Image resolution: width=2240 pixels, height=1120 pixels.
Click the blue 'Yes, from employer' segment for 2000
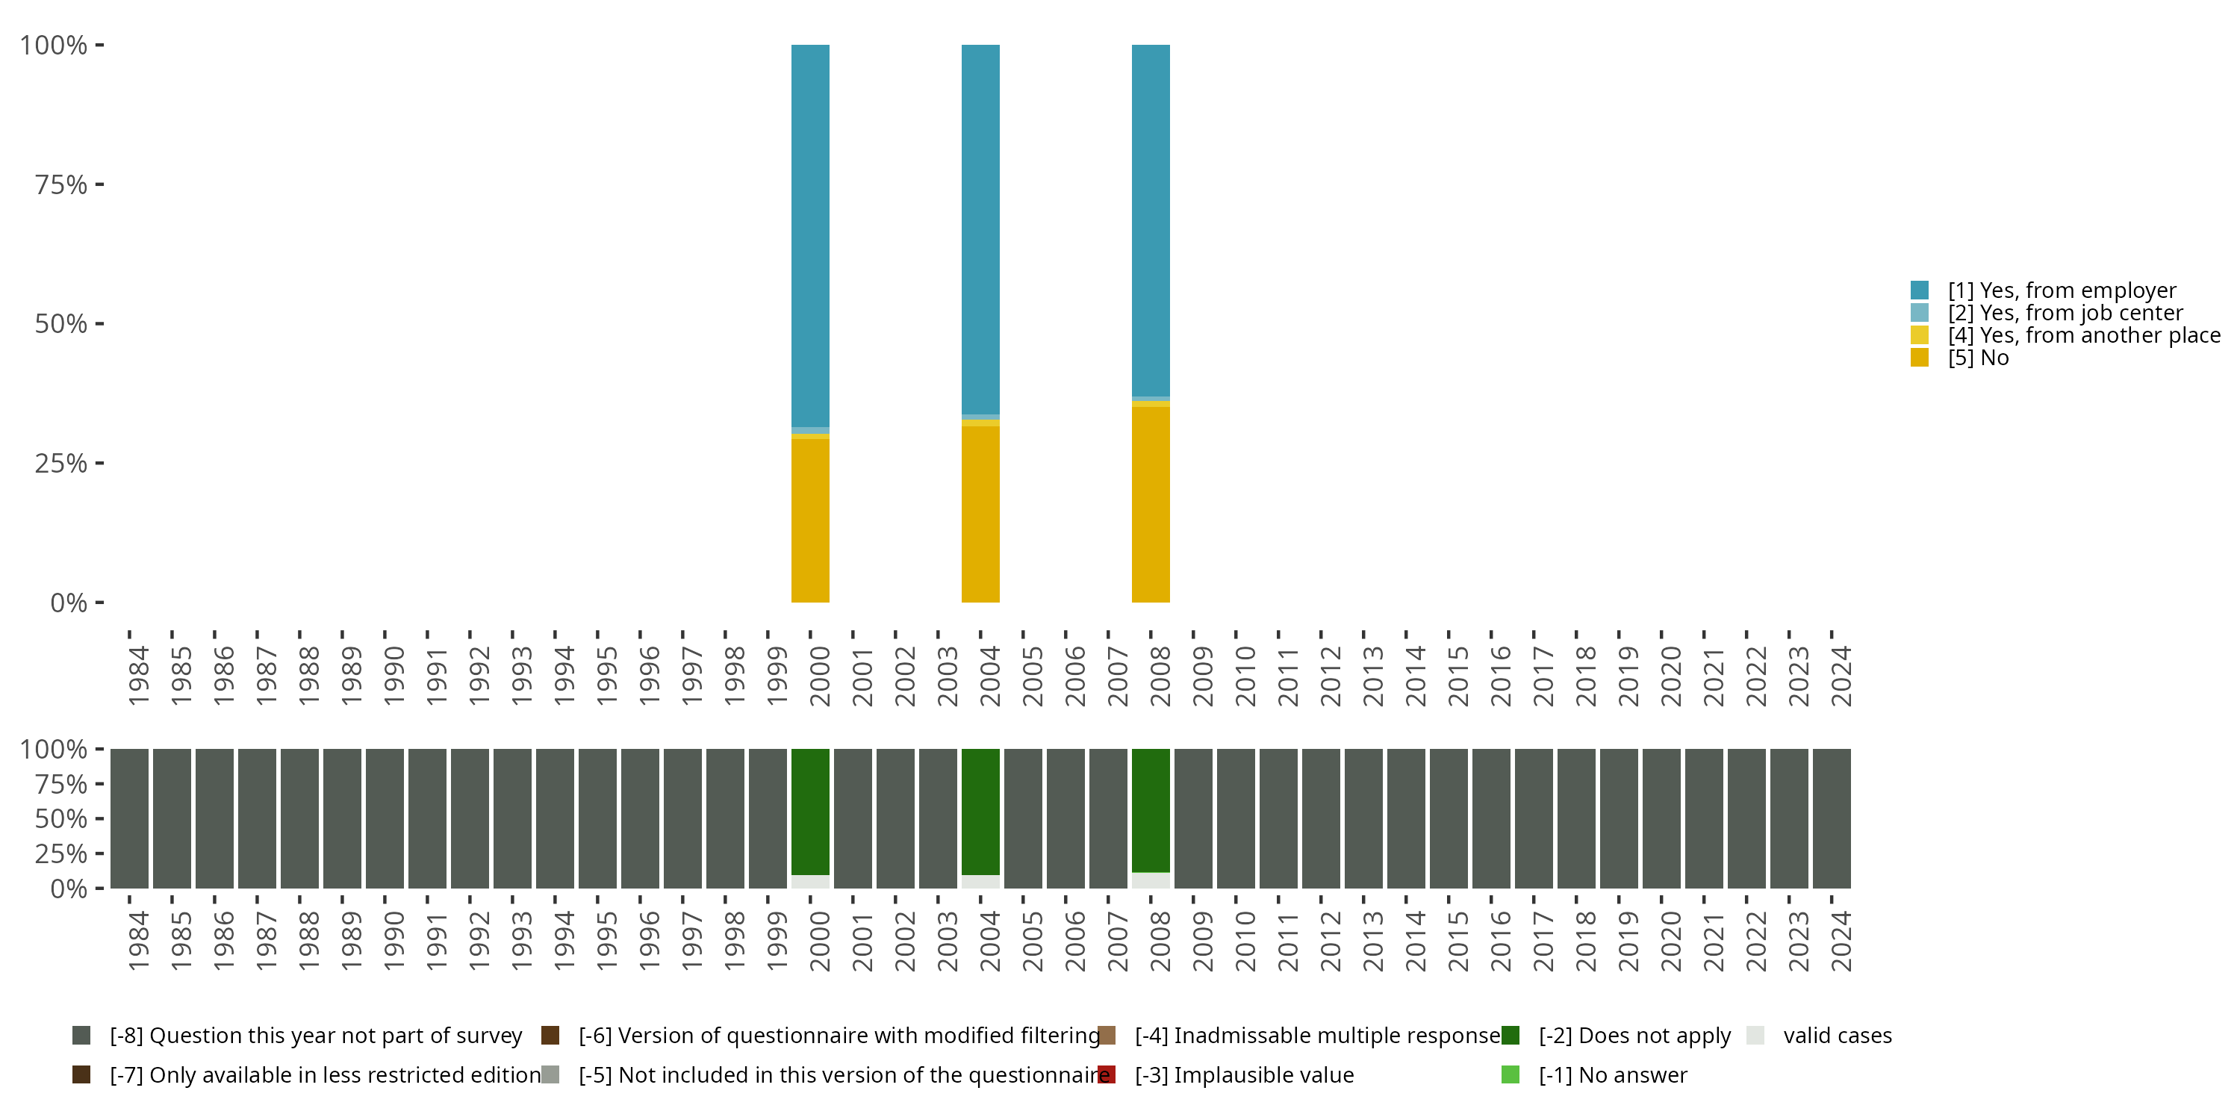[809, 234]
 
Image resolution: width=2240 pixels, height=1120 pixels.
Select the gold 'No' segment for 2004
[980, 513]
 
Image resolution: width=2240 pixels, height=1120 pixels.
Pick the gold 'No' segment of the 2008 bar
[1151, 504]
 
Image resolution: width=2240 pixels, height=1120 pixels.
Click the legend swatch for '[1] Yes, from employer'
[1919, 290]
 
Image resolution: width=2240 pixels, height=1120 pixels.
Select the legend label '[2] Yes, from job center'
[2065, 313]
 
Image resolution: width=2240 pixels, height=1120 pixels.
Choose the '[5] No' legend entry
[1977, 358]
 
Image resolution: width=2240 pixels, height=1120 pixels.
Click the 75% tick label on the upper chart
[61, 184]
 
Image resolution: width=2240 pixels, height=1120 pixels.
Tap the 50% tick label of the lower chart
[61, 818]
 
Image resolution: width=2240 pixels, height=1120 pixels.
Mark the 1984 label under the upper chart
[138, 676]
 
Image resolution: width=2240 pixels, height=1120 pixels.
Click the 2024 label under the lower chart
[1841, 941]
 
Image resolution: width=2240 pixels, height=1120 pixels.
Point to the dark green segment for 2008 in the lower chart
[1151, 809]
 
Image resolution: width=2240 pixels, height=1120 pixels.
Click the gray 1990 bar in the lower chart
[385, 818]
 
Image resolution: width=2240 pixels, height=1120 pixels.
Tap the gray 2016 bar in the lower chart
[1490, 818]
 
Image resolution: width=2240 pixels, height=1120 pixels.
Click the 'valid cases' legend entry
[1837, 1036]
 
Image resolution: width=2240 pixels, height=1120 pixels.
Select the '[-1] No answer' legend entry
[1612, 1074]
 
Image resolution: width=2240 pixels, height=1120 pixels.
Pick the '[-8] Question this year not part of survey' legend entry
[315, 1036]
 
